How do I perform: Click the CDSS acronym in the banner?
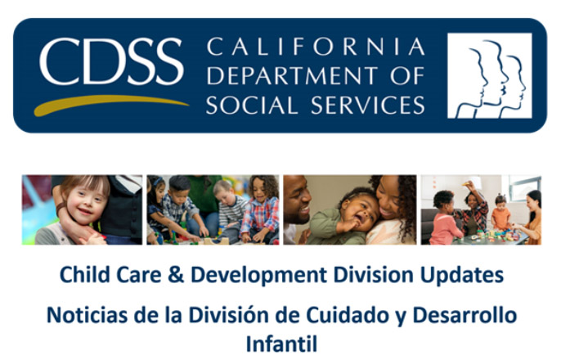coord(111,61)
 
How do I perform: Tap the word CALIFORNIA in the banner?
coord(316,47)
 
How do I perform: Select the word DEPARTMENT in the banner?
coord(292,75)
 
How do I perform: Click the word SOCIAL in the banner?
coord(252,105)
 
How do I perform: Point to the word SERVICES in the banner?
coord(368,105)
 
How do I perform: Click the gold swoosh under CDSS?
coord(111,105)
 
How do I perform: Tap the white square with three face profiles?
coord(489,75)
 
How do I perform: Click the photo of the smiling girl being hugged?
coord(82,209)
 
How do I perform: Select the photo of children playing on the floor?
coord(213,209)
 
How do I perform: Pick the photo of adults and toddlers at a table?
coord(481,209)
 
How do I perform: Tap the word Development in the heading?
coord(258,276)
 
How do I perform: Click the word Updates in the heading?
coord(462,276)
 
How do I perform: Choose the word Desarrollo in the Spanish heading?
coord(465,315)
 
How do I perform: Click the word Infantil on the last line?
coord(281,344)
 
